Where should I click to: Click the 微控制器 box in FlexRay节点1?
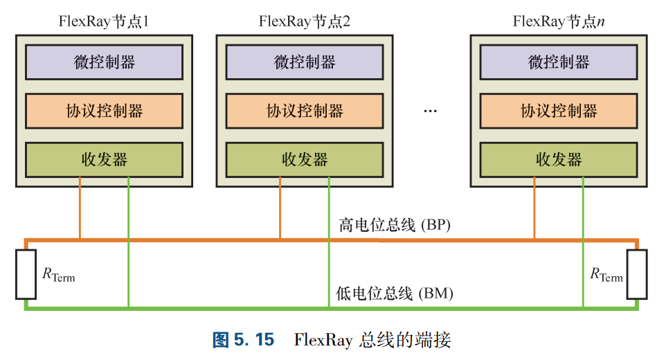(104, 62)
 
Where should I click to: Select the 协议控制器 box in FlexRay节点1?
(104, 111)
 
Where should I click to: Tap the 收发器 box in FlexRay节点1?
(104, 160)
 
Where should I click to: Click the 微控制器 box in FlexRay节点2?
(305, 62)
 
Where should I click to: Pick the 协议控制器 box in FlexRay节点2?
(305, 111)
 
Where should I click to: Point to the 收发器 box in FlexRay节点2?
(305, 160)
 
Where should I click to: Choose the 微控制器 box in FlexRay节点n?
(559, 62)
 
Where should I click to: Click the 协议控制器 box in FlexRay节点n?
(559, 111)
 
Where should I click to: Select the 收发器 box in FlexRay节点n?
(559, 160)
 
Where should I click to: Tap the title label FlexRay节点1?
(104, 21)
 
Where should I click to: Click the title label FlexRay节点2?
(305, 21)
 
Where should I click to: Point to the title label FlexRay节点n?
(559, 21)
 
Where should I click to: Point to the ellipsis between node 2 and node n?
(430, 111)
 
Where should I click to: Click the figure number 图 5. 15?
(243, 340)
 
